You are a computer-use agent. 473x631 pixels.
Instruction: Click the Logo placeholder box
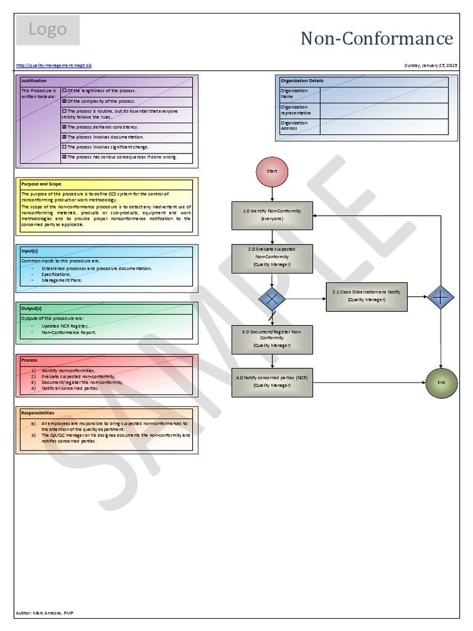(47, 30)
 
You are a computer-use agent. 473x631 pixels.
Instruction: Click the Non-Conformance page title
(376, 39)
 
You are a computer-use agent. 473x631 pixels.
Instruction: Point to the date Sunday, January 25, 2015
(431, 65)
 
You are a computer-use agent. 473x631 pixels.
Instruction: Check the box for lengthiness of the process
(65, 91)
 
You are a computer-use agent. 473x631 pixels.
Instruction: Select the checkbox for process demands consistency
(65, 126)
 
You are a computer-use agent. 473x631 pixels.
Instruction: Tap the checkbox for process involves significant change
(65, 147)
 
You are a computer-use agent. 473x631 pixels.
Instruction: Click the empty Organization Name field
(384, 94)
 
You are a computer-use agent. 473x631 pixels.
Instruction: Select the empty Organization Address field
(384, 126)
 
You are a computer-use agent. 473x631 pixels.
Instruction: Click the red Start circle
(272, 171)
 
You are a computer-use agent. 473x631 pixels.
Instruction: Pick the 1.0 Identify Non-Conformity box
(272, 215)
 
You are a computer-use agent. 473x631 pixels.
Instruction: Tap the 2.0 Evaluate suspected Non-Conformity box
(272, 258)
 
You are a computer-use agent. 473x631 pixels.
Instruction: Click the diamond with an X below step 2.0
(272, 299)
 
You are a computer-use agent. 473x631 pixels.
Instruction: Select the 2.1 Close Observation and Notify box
(366, 295)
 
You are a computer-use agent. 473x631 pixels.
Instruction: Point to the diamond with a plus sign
(440, 296)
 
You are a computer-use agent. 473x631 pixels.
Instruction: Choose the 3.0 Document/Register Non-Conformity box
(272, 340)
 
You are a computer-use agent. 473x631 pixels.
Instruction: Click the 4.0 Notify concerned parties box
(272, 382)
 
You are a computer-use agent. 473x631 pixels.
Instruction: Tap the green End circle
(440, 382)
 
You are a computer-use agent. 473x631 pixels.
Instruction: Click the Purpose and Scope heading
(41, 184)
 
